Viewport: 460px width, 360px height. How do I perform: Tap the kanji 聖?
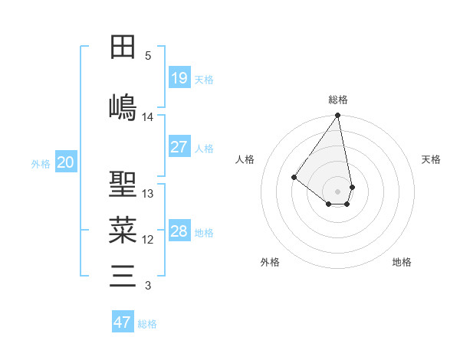point(123,184)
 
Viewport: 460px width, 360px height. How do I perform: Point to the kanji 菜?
point(123,229)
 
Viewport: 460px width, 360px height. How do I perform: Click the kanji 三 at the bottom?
point(123,275)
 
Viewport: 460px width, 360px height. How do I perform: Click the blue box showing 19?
point(179,78)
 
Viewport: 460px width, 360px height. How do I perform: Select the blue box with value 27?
point(179,147)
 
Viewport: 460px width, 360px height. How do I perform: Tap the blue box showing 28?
point(179,231)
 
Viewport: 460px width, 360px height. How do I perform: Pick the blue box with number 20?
point(66,162)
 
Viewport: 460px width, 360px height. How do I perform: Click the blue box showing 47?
point(122,322)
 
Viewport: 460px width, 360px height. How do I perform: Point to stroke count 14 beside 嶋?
point(148,117)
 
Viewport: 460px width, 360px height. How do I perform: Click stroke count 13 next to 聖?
point(148,194)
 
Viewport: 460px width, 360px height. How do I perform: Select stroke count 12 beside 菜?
point(148,240)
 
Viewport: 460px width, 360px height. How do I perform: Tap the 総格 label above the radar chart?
point(338,100)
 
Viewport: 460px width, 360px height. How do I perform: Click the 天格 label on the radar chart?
point(431,159)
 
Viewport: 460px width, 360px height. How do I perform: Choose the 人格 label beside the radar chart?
point(245,159)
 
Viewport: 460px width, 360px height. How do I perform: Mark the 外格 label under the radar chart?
point(269,262)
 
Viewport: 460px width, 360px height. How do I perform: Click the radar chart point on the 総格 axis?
point(337,116)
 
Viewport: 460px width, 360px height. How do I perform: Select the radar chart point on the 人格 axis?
point(294,177)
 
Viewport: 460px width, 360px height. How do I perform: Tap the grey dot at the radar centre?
point(337,191)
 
